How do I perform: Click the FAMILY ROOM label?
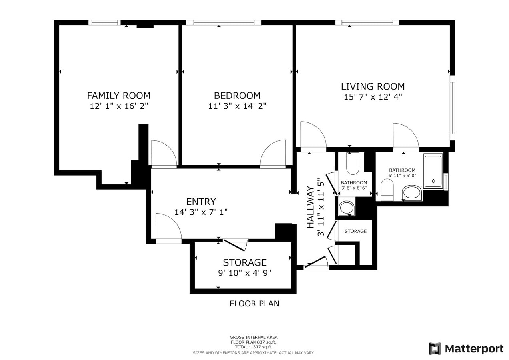[x=119, y=96]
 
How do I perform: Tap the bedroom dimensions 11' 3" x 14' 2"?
[x=237, y=106]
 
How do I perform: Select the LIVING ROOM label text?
[x=373, y=86]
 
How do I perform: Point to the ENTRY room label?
[x=201, y=202]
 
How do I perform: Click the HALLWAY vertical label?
[x=310, y=207]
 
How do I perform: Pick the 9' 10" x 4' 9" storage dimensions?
[x=245, y=273]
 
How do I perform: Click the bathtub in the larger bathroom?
[x=433, y=171]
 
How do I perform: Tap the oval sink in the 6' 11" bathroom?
[x=411, y=192]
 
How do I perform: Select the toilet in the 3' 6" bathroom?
[x=353, y=164]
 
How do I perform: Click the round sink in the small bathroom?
[x=346, y=208]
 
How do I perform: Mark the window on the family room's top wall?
[x=104, y=22]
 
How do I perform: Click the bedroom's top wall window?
[x=224, y=22]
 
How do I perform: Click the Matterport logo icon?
[x=435, y=348]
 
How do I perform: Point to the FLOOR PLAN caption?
[x=254, y=304]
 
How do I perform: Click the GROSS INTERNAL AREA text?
[x=254, y=337]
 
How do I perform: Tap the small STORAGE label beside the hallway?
[x=355, y=231]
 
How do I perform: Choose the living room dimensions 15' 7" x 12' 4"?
[x=373, y=97]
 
